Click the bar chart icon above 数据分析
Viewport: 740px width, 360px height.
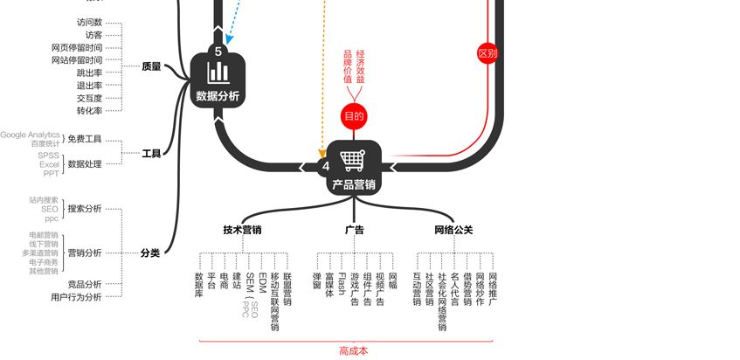(x=217, y=72)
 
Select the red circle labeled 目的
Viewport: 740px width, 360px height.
(x=353, y=116)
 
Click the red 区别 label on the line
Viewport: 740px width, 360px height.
(x=488, y=53)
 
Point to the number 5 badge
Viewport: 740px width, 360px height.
(x=218, y=51)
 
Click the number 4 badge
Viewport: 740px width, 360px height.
(x=326, y=166)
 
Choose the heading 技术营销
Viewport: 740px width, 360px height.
(x=242, y=231)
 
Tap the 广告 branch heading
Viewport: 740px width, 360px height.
(x=354, y=231)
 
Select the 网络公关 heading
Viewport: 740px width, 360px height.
(x=453, y=231)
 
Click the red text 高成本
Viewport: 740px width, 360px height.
(x=353, y=351)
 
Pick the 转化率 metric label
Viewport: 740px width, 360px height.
(x=89, y=111)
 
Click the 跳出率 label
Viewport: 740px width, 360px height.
(x=89, y=73)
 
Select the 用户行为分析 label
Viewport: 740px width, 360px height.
(x=76, y=297)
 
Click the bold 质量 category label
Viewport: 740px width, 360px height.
(x=151, y=66)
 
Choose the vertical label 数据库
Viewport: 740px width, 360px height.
(x=199, y=284)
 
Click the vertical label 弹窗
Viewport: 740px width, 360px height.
(x=317, y=280)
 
